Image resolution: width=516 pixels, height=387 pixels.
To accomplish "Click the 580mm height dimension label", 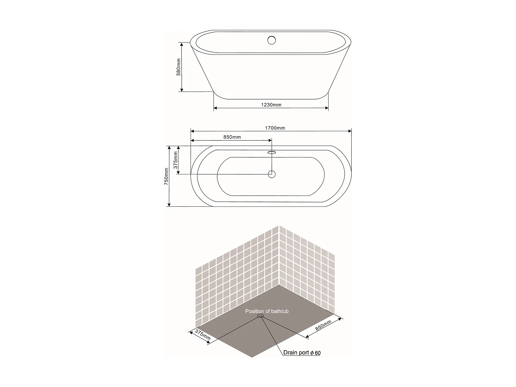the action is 179,67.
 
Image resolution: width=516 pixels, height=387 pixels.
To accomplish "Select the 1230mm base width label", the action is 271,105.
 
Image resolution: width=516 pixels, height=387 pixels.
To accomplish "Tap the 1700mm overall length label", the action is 275,128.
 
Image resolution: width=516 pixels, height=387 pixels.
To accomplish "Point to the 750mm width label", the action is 166,176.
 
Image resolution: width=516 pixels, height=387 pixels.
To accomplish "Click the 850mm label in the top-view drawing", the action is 232,137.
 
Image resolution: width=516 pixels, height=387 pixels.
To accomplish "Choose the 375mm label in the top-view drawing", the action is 175,160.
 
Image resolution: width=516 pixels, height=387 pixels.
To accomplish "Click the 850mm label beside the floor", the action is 323,325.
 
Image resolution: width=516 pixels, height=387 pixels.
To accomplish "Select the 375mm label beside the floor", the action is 203,335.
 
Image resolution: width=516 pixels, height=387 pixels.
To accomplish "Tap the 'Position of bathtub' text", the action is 267,311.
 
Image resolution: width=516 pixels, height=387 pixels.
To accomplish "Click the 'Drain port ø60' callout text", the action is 302,353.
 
